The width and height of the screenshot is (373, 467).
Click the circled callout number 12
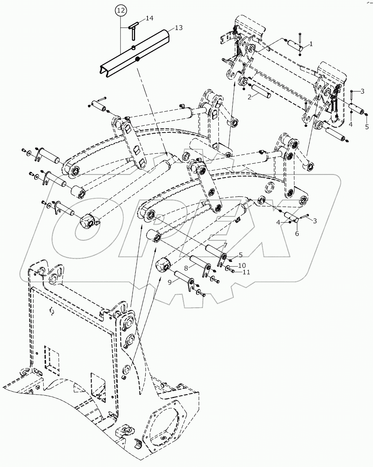point(120,11)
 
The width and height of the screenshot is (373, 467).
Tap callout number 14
point(149,18)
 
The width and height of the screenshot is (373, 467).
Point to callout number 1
point(311,44)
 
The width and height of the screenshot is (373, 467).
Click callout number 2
point(249,96)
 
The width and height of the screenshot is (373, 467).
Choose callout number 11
point(246,272)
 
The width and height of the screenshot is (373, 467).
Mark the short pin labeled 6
point(291,218)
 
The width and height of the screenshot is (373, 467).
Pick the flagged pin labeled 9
point(182,278)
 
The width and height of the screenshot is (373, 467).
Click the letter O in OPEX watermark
point(89,229)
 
